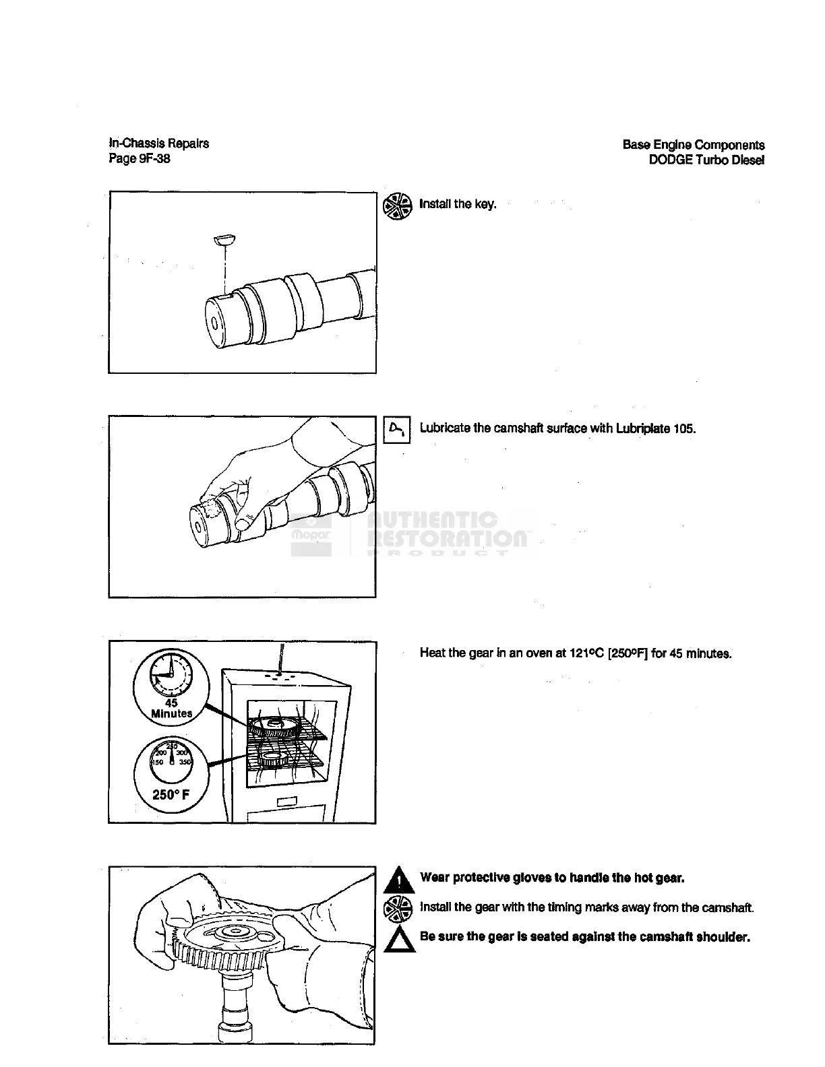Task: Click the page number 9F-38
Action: coord(153,159)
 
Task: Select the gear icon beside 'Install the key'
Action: coord(397,206)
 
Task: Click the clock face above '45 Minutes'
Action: coord(171,675)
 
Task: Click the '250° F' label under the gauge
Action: coord(171,795)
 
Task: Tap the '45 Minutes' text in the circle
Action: coord(171,709)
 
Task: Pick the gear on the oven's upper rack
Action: coord(278,726)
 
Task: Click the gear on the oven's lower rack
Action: coord(273,760)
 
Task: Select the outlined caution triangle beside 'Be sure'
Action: coord(397,938)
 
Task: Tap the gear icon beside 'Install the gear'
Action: coord(397,909)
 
